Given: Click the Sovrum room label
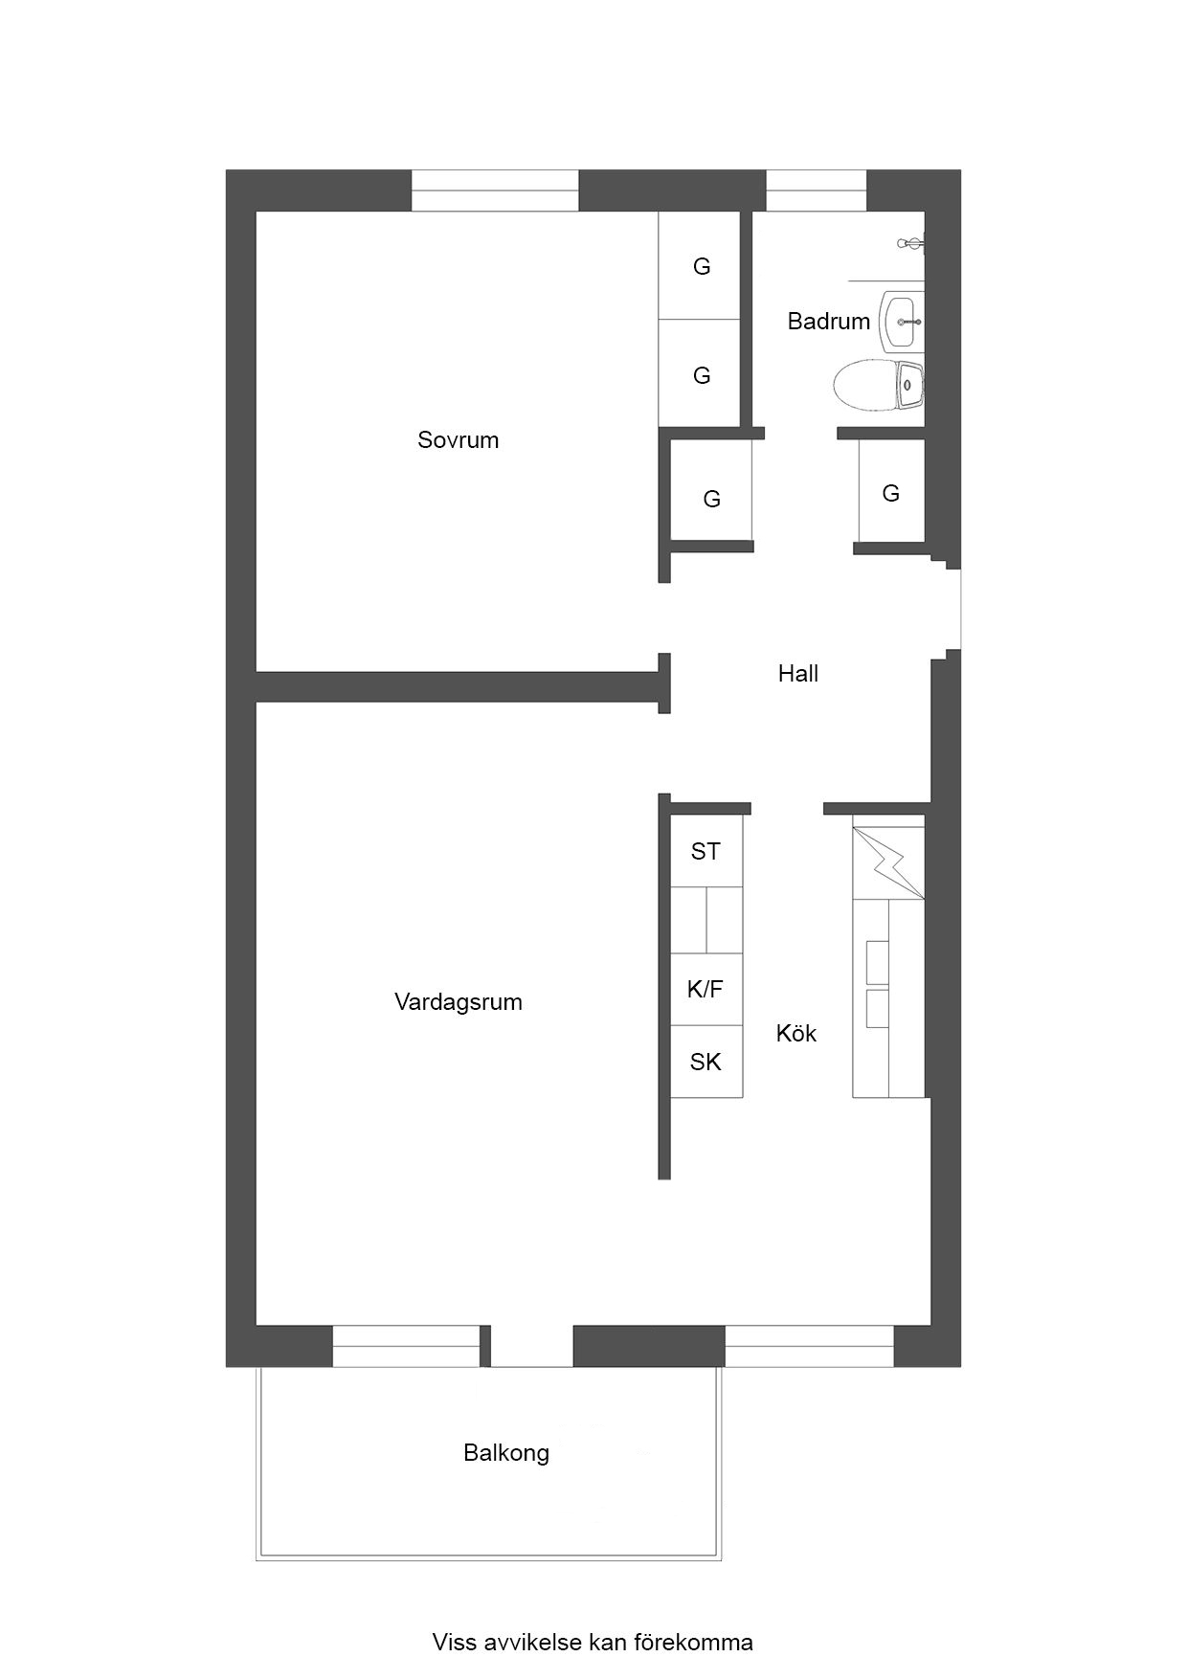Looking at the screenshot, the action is coord(458,440).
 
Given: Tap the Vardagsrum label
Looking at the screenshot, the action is coord(459,1002).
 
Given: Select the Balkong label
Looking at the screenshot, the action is coord(506,1453).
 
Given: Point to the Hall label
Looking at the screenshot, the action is coord(798,674).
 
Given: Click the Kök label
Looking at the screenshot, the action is coord(796,1033).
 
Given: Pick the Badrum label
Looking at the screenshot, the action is coord(829,322).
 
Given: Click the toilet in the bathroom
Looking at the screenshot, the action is coord(878,385).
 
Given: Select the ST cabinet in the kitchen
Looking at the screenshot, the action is coord(706,851).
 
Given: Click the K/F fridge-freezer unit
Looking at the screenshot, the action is coord(706,989).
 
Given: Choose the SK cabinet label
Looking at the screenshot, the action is coord(705,1062).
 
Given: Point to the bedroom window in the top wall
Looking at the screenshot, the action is coord(495,190).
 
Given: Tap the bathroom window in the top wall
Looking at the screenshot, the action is coord(817,190).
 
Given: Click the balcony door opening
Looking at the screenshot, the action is coord(532,1346).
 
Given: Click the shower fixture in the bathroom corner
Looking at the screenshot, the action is coord(912,244).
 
